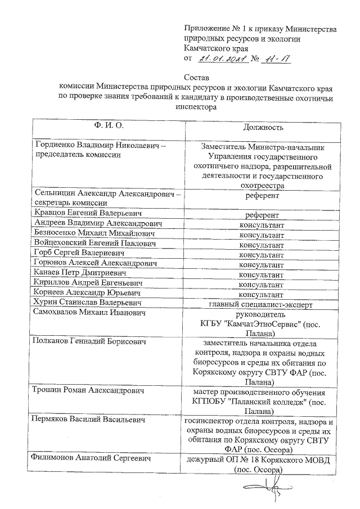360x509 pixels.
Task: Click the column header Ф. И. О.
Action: point(105,124)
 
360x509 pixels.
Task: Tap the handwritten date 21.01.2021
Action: point(219,58)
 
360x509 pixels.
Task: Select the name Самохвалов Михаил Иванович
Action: point(89,313)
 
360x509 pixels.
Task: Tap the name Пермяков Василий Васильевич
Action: point(90,419)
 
